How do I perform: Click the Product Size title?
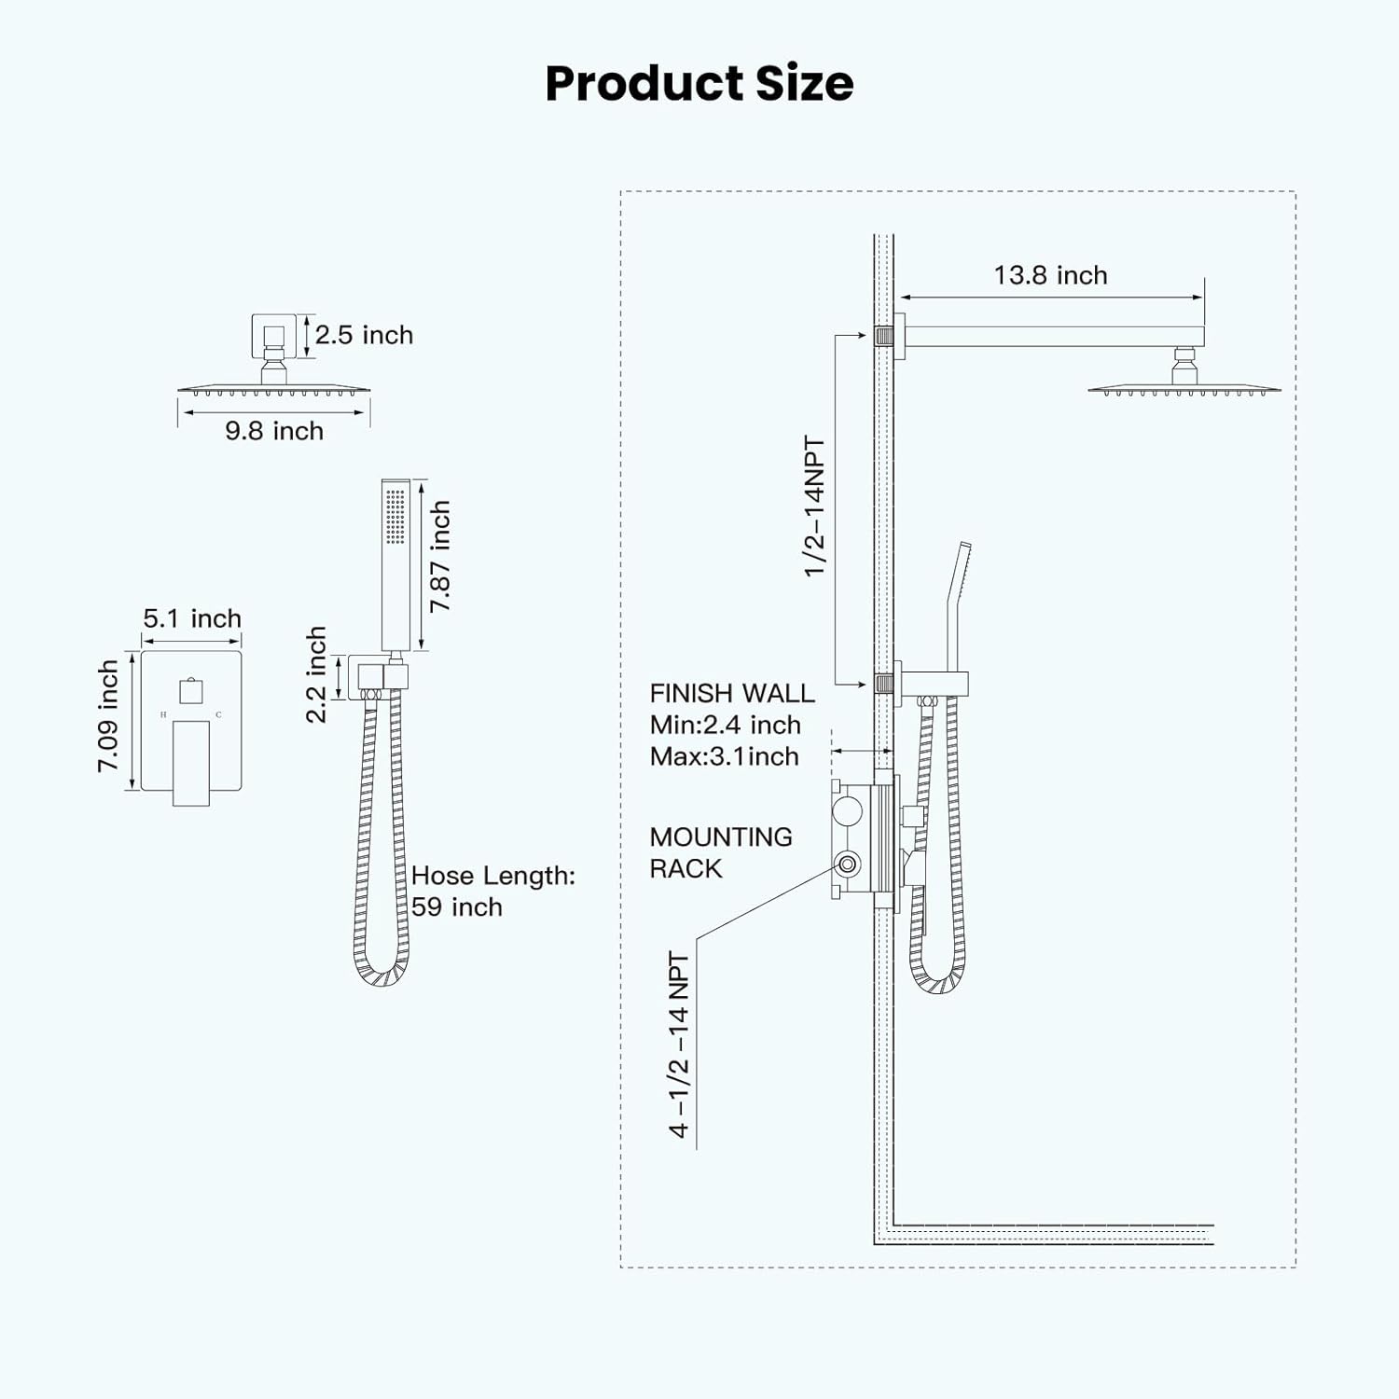coord(699,83)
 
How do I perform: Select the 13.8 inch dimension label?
coord(1050,275)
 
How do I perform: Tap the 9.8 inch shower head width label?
coord(274,431)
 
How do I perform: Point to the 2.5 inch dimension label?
coord(364,335)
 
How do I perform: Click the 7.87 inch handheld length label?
coord(439,557)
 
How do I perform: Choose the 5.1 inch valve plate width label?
coord(192,618)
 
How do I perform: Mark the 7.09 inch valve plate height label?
coord(108,716)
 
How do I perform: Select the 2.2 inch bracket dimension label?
coord(316,674)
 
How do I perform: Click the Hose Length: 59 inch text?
coord(492,891)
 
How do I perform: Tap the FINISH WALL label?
coord(732,693)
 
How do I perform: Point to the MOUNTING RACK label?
coord(720,852)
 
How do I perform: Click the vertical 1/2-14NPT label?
coord(814,506)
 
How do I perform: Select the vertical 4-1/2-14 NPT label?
coord(679,1045)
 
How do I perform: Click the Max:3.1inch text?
coord(724,756)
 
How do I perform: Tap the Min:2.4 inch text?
coord(725,725)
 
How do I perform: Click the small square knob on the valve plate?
coord(191,691)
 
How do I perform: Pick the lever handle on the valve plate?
coord(191,761)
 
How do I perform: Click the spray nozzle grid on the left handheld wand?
coord(395,516)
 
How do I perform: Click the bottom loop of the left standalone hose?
coord(381,975)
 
